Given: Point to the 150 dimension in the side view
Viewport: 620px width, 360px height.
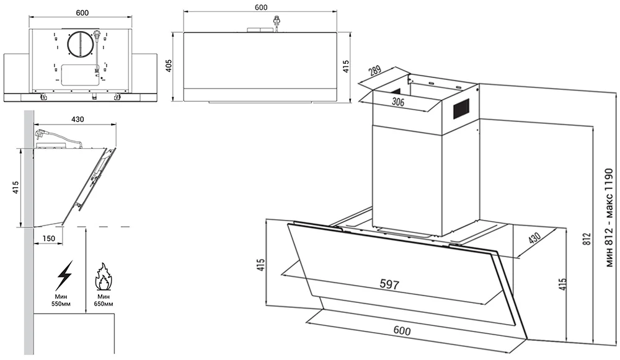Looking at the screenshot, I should click(x=49, y=238).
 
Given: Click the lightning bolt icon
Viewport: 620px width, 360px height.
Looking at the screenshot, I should click(x=64, y=274).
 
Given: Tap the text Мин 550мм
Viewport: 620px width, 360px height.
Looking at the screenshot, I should click(x=64, y=301).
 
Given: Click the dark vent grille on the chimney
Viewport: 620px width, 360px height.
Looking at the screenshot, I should click(x=461, y=110).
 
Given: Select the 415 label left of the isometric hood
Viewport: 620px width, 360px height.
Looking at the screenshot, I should click(x=261, y=265).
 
